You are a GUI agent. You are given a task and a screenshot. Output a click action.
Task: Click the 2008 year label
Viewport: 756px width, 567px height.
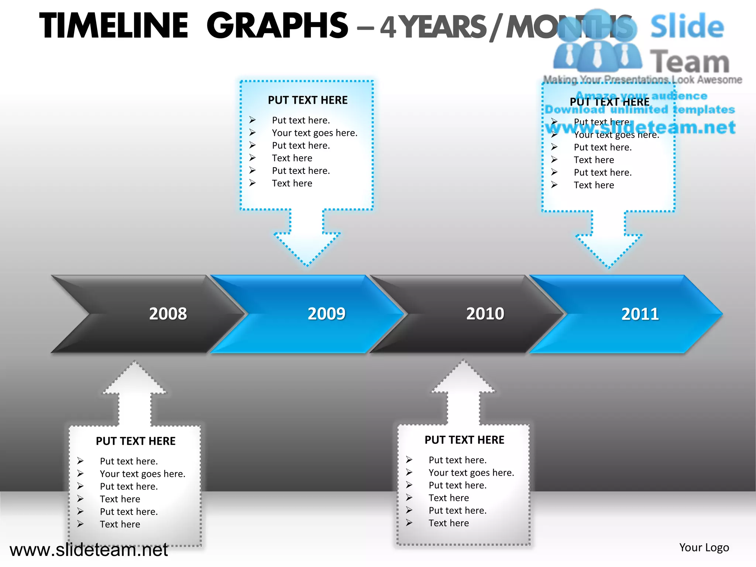[168, 314]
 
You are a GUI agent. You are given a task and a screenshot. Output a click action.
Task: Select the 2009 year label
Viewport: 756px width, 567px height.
[326, 314]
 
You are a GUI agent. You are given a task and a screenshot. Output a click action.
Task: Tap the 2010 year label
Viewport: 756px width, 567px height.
[485, 314]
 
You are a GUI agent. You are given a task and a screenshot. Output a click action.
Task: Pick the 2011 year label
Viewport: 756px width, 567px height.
[640, 314]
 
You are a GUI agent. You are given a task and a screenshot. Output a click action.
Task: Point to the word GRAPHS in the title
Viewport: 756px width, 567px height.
[277, 26]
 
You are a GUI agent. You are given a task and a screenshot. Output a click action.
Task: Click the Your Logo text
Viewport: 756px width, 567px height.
[704, 547]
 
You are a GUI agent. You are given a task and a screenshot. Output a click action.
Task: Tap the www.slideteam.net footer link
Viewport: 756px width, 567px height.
[89, 550]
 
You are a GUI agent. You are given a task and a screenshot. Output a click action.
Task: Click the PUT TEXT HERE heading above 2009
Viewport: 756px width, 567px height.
[307, 100]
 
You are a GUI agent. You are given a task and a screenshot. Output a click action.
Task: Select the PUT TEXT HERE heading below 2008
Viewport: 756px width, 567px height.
[135, 441]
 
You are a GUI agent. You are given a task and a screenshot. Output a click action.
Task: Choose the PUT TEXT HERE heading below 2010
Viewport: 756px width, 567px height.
[464, 440]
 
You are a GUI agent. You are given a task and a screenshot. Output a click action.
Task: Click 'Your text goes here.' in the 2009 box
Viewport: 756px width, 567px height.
[315, 133]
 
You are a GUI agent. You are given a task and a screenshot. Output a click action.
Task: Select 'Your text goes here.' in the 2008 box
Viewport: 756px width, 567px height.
[142, 474]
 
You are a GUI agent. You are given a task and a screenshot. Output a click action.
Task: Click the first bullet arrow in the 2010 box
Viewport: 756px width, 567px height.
[409, 460]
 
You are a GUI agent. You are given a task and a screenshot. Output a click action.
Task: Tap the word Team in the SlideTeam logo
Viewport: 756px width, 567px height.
[689, 62]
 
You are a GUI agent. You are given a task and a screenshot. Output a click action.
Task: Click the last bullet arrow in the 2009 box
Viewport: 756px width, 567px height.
[252, 183]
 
